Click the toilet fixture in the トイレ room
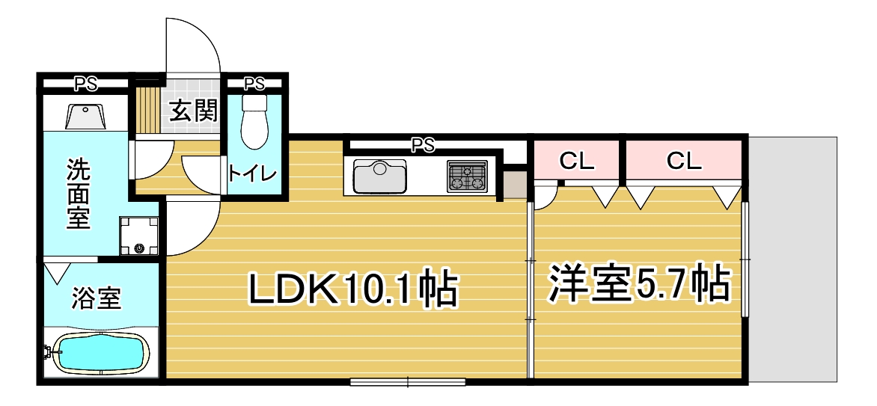click(x=254, y=121)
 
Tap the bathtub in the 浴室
click(x=101, y=353)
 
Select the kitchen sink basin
click(x=380, y=176)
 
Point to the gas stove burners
click(x=467, y=176)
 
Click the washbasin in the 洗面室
click(x=85, y=117)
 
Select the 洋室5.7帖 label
click(x=639, y=283)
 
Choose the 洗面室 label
click(x=79, y=194)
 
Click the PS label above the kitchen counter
click(x=423, y=145)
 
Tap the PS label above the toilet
click(x=254, y=84)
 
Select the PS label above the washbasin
click(x=86, y=84)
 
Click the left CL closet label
click(x=577, y=162)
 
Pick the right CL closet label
click(x=683, y=161)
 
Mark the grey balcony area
click(x=793, y=259)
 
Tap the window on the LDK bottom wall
click(x=408, y=383)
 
